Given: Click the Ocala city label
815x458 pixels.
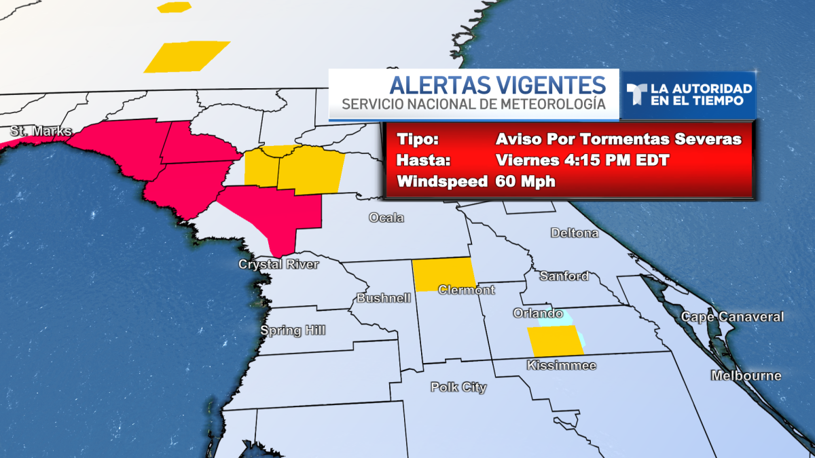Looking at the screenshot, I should [x=386, y=218].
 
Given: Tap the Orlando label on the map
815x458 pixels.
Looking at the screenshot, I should [x=537, y=313].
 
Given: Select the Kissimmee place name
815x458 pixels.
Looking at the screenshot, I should [x=561, y=366].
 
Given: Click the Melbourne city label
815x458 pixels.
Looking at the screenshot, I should [x=746, y=376].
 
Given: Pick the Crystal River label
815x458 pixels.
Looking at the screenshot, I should [x=278, y=264].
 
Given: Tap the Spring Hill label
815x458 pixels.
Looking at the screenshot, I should [x=293, y=330].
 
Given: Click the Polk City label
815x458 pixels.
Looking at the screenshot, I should [x=458, y=387].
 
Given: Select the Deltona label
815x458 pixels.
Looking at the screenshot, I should [x=575, y=233].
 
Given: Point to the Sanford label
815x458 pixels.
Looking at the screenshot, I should [x=564, y=276].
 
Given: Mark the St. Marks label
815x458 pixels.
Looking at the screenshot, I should [x=40, y=130].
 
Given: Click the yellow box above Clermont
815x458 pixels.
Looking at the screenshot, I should [x=445, y=274].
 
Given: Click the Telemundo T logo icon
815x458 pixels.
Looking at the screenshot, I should [x=636, y=94].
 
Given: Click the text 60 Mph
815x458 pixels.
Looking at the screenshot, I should [x=526, y=182].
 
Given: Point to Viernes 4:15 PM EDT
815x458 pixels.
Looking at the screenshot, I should [x=583, y=161].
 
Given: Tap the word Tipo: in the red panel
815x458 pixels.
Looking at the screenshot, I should [x=418, y=140].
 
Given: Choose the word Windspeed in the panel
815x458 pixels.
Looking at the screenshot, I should [x=442, y=182].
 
